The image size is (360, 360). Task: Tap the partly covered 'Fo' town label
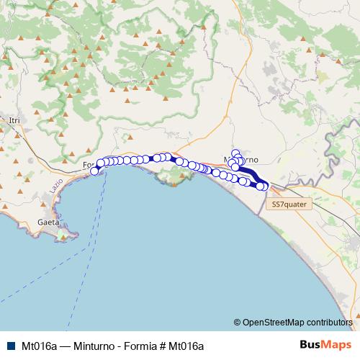(x=88, y=165)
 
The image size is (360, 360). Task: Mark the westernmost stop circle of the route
(x=94, y=171)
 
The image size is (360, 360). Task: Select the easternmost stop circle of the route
(x=265, y=187)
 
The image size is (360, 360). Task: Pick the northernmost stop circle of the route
(x=235, y=153)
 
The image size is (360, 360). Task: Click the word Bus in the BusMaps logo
(x=310, y=346)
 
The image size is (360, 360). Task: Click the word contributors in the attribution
(x=330, y=323)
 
